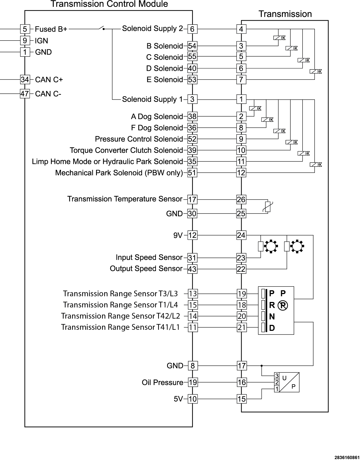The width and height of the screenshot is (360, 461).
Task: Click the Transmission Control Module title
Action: coord(109,4)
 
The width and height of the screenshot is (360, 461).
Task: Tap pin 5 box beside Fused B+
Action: coord(25,29)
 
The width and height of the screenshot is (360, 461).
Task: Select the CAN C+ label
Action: coord(49,80)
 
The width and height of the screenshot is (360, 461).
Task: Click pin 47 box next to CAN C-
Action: coord(25,94)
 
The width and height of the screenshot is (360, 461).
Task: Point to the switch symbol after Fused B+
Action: coord(102,28)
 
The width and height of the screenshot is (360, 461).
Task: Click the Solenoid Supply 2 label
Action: coord(153,29)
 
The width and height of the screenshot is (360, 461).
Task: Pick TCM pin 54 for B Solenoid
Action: coord(192,46)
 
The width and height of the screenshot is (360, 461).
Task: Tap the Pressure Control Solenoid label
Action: coord(139,139)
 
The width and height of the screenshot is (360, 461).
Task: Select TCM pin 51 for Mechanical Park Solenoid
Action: coord(192,173)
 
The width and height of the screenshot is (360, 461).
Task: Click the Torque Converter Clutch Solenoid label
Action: coord(126,150)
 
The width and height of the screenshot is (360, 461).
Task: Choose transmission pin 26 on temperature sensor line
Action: coord(241,200)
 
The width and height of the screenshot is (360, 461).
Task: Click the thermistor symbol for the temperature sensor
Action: coord(268,207)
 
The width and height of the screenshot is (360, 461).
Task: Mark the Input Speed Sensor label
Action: coord(149,257)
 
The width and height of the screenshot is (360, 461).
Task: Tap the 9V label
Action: coord(178,235)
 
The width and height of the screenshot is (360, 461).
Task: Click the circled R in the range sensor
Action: coord(283,306)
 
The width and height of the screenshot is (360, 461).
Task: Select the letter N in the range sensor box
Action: coord(272,317)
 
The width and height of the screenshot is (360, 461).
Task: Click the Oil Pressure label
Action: coord(162,383)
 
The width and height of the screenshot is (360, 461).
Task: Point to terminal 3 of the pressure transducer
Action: coord(277,376)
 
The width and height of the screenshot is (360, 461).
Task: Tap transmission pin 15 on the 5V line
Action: coord(242,399)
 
